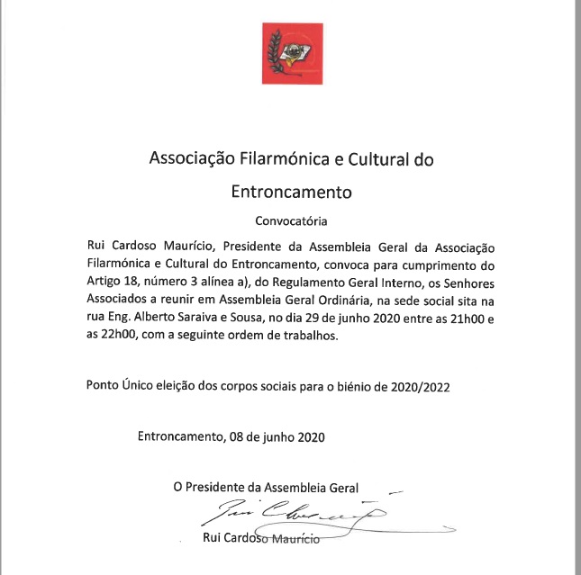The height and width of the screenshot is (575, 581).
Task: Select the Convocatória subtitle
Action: tap(291, 220)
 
